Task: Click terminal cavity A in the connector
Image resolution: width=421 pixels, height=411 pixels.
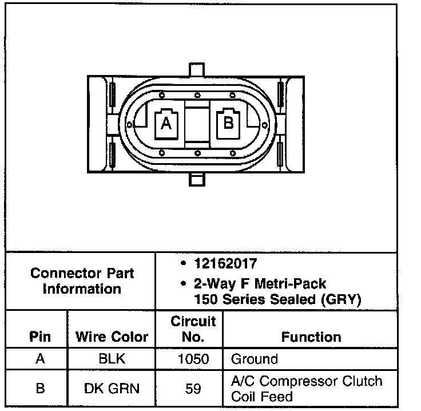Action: (166, 123)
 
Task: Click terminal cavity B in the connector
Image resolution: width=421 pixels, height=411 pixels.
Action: (228, 122)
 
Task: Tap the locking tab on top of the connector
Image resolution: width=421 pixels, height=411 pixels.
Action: (196, 69)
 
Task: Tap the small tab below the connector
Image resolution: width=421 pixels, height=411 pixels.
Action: (196, 179)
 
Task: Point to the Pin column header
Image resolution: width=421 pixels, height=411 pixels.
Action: (39, 337)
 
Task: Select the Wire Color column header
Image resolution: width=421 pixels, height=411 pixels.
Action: (112, 337)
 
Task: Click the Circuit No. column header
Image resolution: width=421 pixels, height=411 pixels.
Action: (193, 329)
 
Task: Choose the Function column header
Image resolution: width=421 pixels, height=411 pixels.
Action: (311, 337)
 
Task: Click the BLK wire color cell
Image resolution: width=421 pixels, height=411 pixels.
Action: (112, 359)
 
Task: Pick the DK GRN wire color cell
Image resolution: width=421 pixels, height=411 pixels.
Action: (112, 389)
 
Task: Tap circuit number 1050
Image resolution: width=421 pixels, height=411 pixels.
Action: (193, 359)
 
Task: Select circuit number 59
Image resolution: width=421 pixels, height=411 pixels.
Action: (193, 389)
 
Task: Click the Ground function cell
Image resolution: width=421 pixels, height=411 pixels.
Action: (254, 359)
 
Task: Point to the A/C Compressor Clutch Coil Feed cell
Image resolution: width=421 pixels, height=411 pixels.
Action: (306, 389)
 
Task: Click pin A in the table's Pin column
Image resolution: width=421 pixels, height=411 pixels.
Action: (39, 359)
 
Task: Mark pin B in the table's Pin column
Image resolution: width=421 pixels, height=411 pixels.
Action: (39, 389)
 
